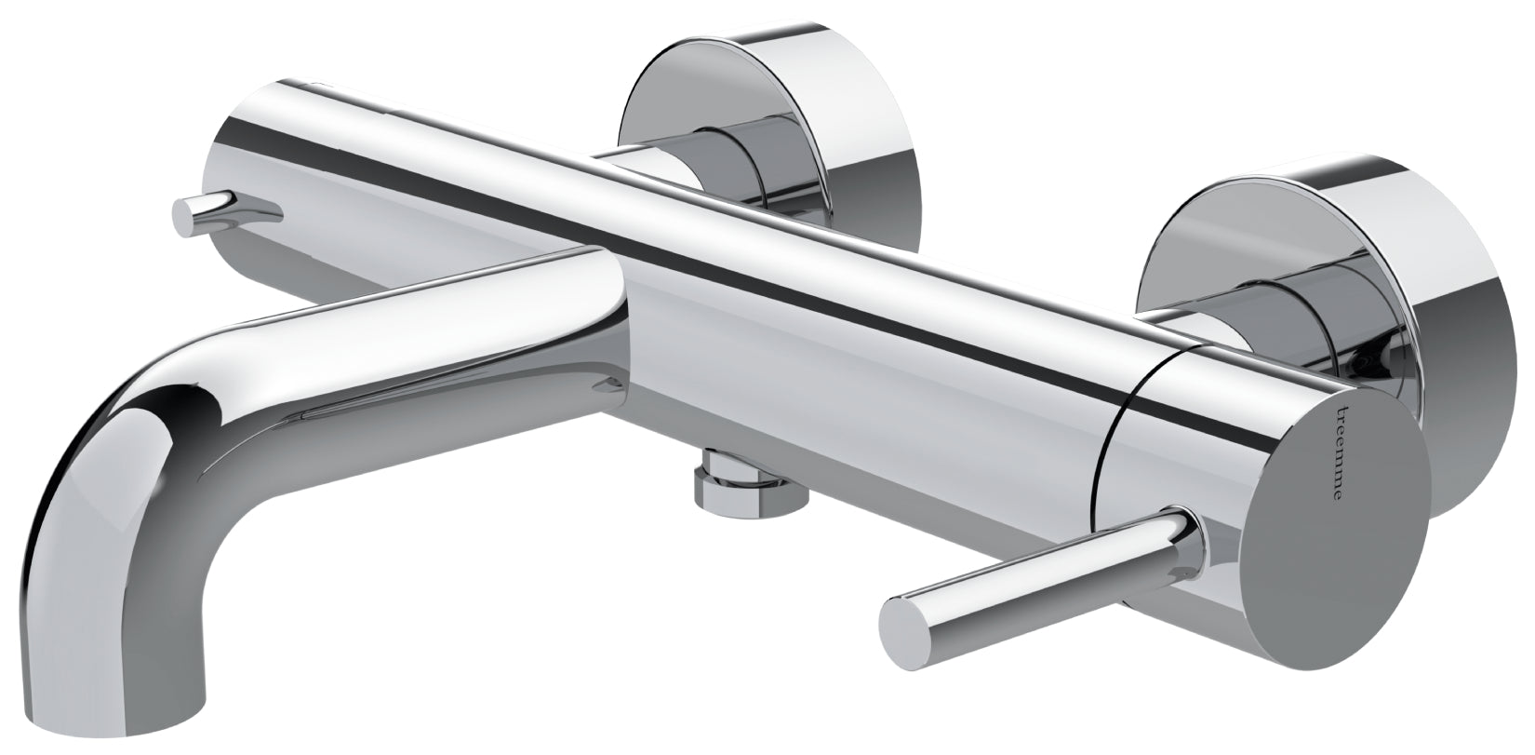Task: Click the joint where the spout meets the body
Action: pos(617,343)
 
